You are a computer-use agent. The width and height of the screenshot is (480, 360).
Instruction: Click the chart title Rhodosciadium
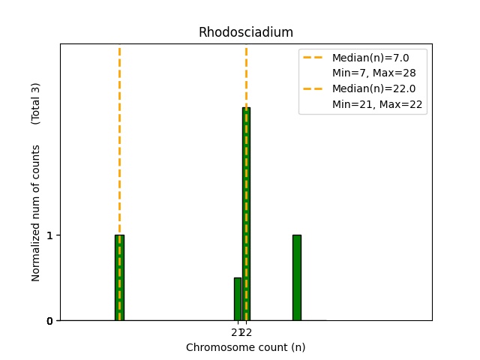click(245, 32)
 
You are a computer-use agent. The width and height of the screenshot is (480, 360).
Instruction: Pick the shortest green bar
click(238, 299)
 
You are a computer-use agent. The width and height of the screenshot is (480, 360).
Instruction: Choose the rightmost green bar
click(296, 277)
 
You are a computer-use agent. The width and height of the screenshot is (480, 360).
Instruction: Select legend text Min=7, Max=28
click(373, 73)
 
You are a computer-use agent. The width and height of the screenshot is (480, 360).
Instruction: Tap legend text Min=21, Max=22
click(377, 104)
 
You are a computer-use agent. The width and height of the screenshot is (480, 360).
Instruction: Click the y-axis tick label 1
click(50, 235)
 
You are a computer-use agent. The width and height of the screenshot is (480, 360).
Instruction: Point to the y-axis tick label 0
click(50, 321)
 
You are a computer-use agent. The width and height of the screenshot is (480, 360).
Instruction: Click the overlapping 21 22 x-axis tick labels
click(241, 332)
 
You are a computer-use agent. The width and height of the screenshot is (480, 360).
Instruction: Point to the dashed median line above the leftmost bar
click(119, 135)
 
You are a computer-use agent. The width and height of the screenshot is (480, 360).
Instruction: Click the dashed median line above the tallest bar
click(246, 75)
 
